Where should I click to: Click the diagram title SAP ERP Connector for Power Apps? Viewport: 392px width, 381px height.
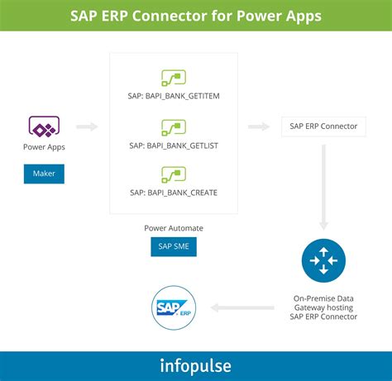[196, 15]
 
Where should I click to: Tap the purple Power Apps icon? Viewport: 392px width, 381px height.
[45, 126]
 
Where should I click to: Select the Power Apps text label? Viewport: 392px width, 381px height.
[45, 147]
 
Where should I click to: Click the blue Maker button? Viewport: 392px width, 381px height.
[45, 174]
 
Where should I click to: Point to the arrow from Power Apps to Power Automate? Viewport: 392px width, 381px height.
[87, 126]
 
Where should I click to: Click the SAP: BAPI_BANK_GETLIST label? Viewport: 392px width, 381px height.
[174, 145]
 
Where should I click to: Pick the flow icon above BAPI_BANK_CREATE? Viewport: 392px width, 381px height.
[174, 174]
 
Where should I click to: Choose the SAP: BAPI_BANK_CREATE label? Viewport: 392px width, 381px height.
[174, 192]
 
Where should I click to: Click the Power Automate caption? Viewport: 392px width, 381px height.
[174, 227]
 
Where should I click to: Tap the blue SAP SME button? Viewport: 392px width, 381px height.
[174, 247]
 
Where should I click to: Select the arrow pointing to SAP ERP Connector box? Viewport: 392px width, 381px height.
[259, 126]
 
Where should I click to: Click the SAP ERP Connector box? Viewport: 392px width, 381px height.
[323, 126]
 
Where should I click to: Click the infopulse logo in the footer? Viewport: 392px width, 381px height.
[196, 366]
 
